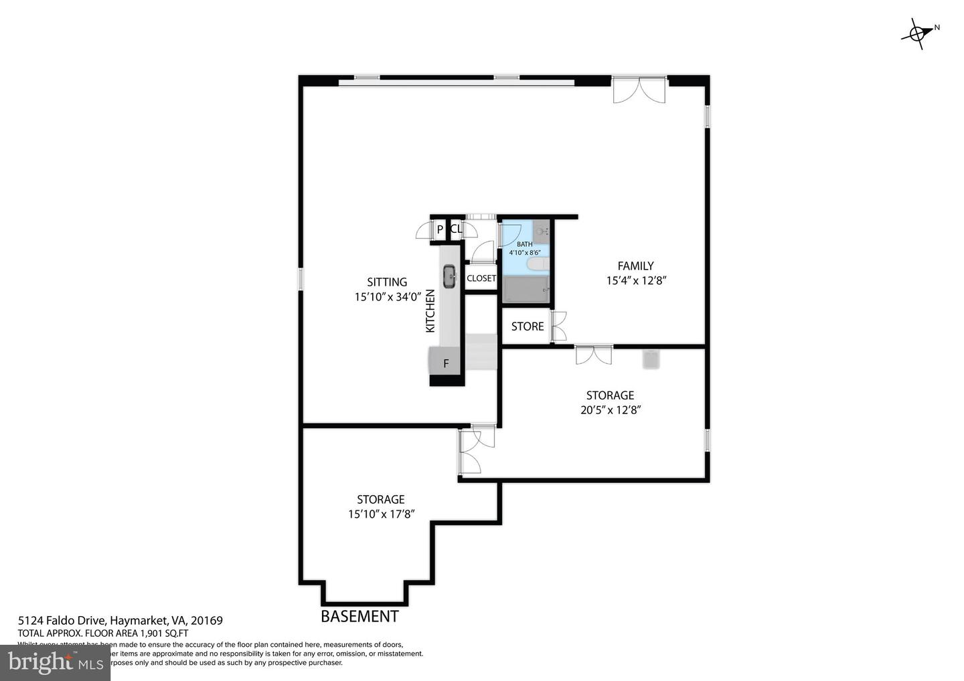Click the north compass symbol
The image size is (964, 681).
point(920,31)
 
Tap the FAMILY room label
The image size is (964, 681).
point(635,266)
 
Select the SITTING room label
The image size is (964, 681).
point(387,282)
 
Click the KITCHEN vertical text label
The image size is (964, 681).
point(430,311)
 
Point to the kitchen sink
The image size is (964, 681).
point(449,276)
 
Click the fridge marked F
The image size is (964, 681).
point(446,365)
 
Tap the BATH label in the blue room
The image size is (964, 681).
point(524,244)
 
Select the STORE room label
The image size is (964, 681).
point(528,326)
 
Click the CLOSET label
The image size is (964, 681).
point(481,278)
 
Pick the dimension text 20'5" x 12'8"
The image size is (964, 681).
point(611,410)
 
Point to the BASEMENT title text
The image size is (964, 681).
point(359,616)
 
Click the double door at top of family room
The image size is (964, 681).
point(639,90)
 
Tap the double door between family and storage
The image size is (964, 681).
point(594,355)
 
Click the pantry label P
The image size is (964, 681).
point(440,229)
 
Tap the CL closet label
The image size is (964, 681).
point(456,229)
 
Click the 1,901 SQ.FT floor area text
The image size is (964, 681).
point(163,633)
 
